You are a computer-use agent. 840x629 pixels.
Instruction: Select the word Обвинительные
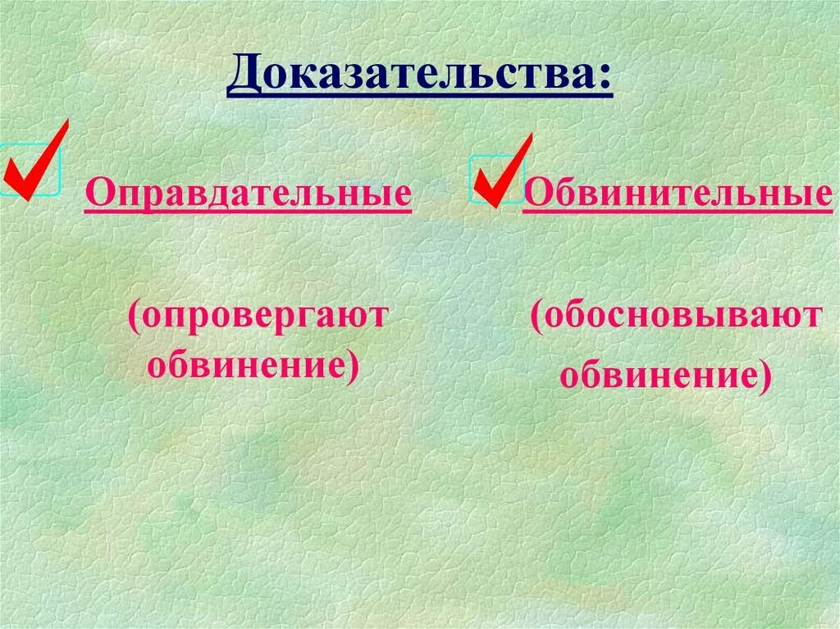coord(678,194)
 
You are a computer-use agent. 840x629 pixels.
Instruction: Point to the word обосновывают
coord(682,317)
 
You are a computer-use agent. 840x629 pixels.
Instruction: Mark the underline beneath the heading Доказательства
coord(420,97)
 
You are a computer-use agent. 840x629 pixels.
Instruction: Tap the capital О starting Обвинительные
coord(536,194)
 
